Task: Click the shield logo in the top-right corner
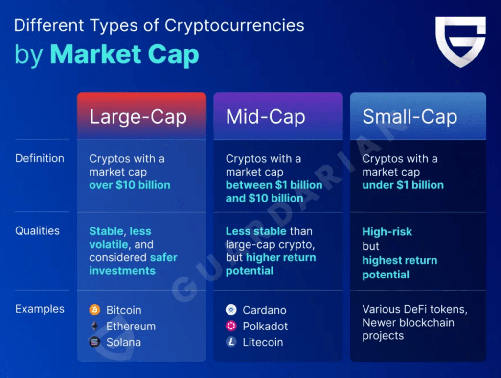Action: point(460,41)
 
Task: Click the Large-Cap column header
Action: point(138,117)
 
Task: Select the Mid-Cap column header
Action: point(266,117)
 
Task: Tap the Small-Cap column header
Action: point(410,117)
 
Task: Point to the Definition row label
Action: point(40,158)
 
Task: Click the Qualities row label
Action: point(37,231)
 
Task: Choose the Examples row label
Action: point(40,309)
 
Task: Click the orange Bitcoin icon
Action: point(95,310)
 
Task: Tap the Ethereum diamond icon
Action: point(95,326)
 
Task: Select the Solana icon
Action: point(95,342)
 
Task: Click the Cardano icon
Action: point(231,310)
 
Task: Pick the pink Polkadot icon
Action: point(231,326)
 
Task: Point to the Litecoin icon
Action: point(231,342)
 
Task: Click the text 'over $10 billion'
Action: point(130,185)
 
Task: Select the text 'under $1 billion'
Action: point(403,185)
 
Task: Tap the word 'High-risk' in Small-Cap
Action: point(387,231)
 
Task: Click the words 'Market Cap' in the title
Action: point(125,54)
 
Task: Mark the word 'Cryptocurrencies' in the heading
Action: point(234,25)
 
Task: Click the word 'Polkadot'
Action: point(265,326)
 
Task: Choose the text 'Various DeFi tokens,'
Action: point(414,309)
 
